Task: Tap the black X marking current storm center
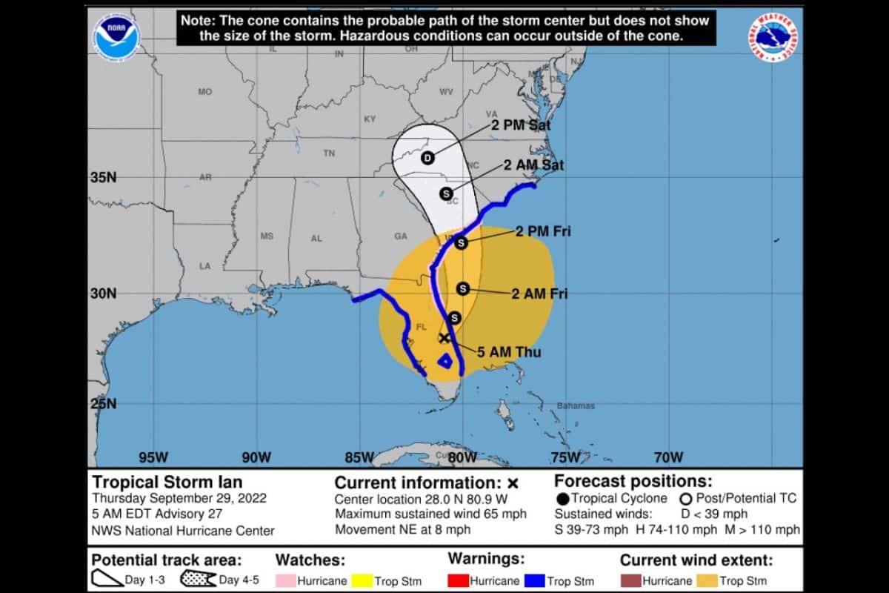(444, 338)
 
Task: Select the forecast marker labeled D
(427, 157)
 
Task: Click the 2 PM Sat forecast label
(521, 125)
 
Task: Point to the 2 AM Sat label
(533, 165)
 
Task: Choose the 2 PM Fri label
(543, 232)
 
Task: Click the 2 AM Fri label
(539, 294)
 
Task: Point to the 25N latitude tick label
(102, 405)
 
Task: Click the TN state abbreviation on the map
(329, 153)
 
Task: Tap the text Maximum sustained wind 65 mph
(430, 514)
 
